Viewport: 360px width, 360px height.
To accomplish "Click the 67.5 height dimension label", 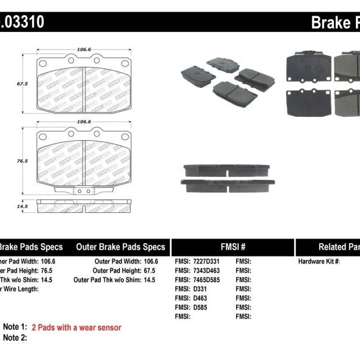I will tap(22, 84).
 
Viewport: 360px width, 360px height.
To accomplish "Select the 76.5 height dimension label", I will tap(22, 161).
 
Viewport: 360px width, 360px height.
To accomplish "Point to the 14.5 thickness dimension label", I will tap(22, 206).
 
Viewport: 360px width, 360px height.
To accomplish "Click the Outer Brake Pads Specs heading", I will tap(120, 247).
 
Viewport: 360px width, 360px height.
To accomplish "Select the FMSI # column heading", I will tap(233, 247).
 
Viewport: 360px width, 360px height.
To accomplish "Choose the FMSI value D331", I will tap(201, 289).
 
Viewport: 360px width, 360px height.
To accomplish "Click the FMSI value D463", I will tap(201, 298).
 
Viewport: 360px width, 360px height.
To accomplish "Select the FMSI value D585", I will tap(201, 307).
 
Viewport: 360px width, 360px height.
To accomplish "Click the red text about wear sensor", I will tap(76, 327).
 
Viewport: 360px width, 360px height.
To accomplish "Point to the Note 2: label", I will tap(15, 338).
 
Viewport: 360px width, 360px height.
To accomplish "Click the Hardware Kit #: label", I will tap(319, 262).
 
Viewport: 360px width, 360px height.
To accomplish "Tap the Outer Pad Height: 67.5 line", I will tap(124, 270).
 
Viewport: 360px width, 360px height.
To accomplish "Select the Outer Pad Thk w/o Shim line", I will tap(115, 280).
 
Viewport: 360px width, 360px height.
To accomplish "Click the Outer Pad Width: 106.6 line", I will tap(126, 262).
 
